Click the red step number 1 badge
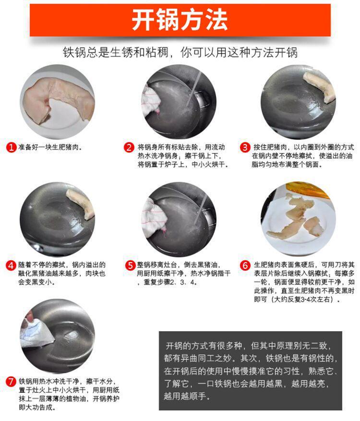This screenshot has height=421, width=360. coord(11,147)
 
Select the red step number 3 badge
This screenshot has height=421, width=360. coord(245,147)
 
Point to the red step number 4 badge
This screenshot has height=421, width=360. coord(11,265)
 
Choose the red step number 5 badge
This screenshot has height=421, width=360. coord(130,265)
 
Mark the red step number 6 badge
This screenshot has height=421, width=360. coord(245,265)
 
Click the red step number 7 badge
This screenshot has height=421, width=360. coord(11,382)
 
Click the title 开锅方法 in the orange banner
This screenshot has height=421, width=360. coord(180,21)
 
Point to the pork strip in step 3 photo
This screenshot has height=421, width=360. coord(320,86)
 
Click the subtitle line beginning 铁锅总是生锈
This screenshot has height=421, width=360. coord(180,52)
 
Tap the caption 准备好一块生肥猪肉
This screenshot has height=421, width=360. coord(50,147)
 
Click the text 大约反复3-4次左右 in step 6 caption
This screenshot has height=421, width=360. coord(302,300)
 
